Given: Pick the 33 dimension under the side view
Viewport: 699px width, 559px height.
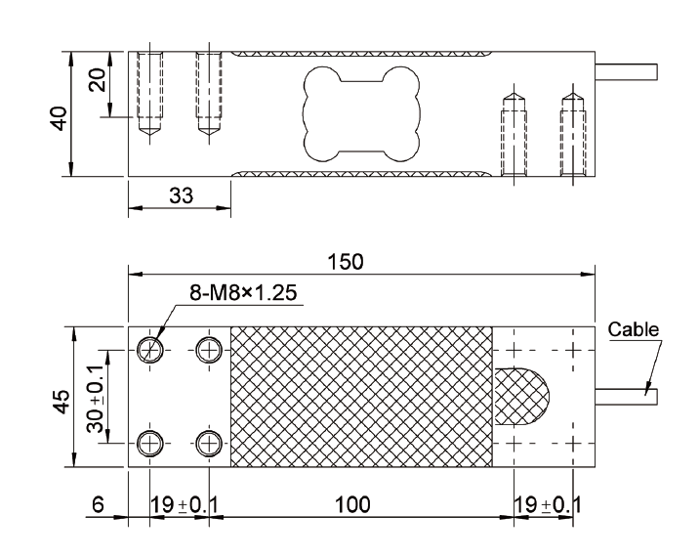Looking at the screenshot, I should tap(180, 194).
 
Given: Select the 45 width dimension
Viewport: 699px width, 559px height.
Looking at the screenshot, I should tap(60, 401).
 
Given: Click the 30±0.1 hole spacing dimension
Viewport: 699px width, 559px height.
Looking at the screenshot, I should tap(97, 397).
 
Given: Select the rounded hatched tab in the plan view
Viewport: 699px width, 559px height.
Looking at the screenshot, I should tap(520, 397).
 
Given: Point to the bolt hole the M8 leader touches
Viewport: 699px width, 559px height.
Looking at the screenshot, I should tap(149, 349).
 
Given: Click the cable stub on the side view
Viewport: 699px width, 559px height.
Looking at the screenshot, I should tap(628, 72).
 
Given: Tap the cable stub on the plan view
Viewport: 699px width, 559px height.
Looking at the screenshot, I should tap(628, 397).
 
